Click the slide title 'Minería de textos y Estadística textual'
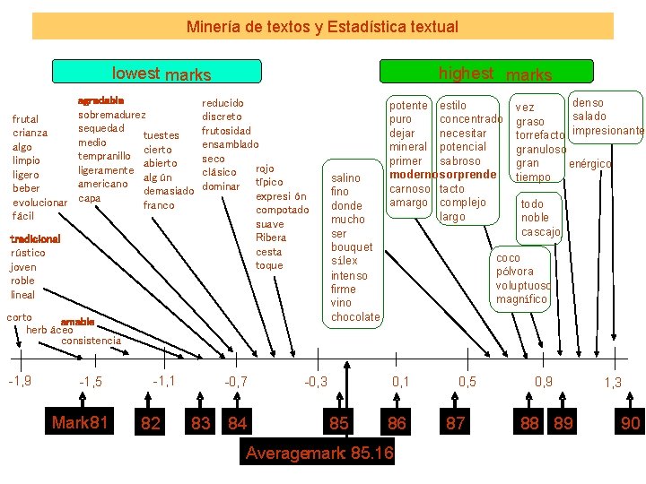(x=322, y=27)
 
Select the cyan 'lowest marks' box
(x=158, y=73)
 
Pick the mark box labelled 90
(x=630, y=422)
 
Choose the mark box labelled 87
(x=456, y=422)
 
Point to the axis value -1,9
(x=20, y=381)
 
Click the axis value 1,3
(x=613, y=383)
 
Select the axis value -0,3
(x=316, y=382)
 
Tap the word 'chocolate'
(x=355, y=317)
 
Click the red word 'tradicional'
(x=35, y=239)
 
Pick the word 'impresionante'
(x=605, y=132)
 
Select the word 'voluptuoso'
(x=523, y=285)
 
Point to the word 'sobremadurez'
(x=112, y=115)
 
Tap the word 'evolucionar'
(x=40, y=203)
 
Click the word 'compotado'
(x=282, y=210)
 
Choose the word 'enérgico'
(x=589, y=164)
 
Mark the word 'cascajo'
(x=540, y=232)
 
